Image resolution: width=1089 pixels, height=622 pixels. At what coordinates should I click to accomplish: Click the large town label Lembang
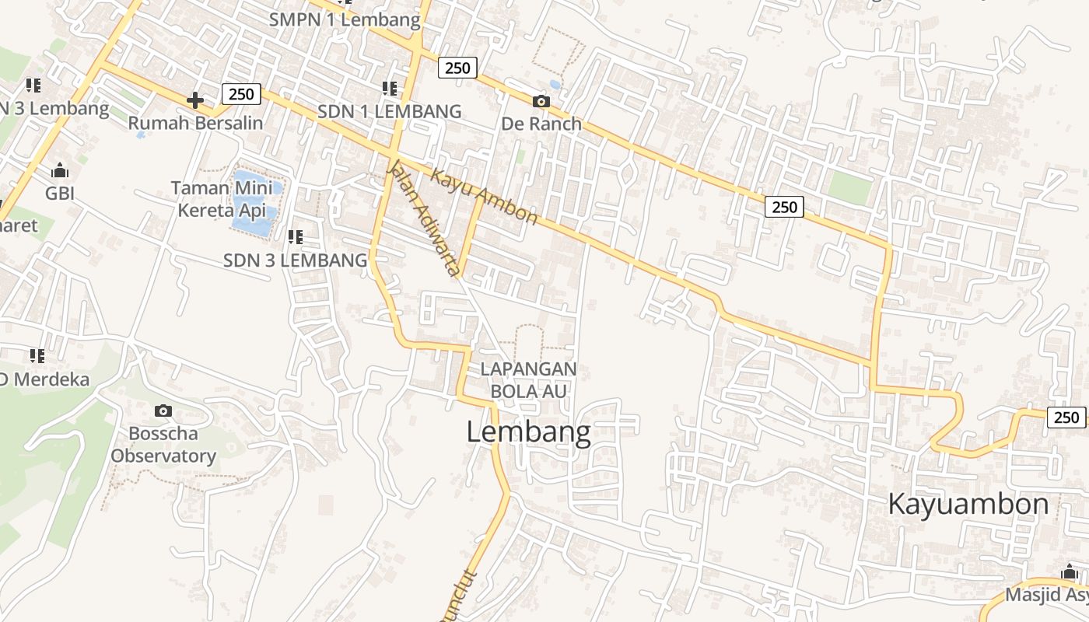tap(528, 432)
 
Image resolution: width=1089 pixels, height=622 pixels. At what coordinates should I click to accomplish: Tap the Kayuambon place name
tap(968, 504)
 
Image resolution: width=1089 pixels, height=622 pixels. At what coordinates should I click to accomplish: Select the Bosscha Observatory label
tap(163, 445)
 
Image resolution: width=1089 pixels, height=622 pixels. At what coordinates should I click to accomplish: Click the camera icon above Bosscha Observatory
tap(163, 411)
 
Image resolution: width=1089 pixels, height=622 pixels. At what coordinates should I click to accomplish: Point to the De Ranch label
tap(541, 124)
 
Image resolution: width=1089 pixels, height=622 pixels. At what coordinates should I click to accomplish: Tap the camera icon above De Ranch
tap(541, 101)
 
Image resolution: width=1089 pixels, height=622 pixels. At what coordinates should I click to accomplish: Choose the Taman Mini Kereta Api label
tap(222, 199)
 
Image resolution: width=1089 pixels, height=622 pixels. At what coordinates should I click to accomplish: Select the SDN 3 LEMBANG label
tap(295, 260)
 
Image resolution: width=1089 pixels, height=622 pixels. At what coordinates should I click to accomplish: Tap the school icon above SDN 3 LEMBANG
tap(295, 236)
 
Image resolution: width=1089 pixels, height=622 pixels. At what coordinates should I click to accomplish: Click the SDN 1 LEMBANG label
tap(389, 111)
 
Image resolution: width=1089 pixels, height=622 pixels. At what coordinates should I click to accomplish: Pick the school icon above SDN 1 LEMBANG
tap(389, 89)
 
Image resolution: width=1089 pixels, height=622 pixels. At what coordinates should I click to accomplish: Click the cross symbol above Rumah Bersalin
tap(195, 100)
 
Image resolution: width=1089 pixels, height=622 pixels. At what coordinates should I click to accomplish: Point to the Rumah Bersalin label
tap(195, 123)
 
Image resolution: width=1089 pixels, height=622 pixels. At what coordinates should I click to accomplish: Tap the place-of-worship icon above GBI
tap(59, 170)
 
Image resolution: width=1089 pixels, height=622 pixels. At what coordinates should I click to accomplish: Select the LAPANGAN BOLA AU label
tap(528, 379)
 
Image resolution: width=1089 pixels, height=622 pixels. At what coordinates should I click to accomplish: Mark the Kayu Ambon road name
tap(484, 197)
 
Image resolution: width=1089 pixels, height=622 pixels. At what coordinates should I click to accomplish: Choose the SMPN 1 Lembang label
tap(345, 19)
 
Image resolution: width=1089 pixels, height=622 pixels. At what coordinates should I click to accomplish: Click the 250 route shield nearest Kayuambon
tap(1066, 418)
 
